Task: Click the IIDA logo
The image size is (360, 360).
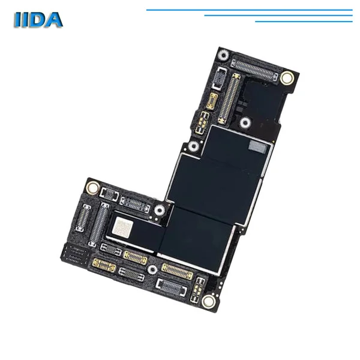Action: tap(38, 20)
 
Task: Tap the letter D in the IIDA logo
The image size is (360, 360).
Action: tap(37, 20)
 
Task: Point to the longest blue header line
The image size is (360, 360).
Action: tap(250, 10)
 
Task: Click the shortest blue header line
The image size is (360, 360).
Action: tap(304, 22)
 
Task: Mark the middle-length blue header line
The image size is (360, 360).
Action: tap(278, 16)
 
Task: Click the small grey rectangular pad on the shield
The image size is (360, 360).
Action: tap(258, 147)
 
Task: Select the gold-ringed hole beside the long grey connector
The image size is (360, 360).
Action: tap(287, 77)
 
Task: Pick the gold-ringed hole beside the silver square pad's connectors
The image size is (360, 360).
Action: tap(92, 187)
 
